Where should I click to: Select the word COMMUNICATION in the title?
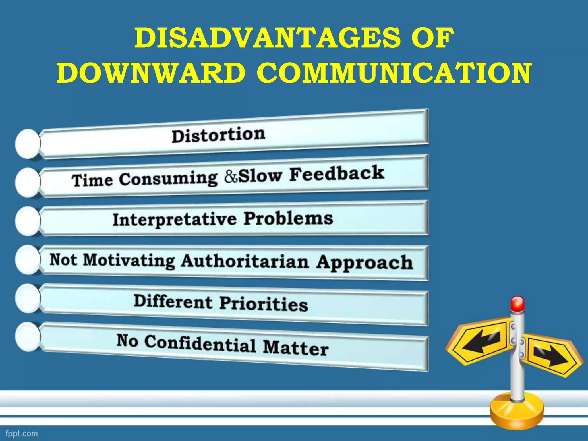click(x=394, y=73)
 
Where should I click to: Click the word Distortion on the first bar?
click(x=218, y=135)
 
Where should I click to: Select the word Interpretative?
click(x=175, y=220)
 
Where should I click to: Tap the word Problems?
click(x=289, y=219)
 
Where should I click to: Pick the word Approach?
click(x=365, y=263)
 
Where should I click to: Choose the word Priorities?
click(x=264, y=304)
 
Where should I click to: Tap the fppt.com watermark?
click(x=22, y=433)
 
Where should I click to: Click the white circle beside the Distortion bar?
click(x=28, y=144)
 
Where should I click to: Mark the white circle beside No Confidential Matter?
click(x=28, y=336)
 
